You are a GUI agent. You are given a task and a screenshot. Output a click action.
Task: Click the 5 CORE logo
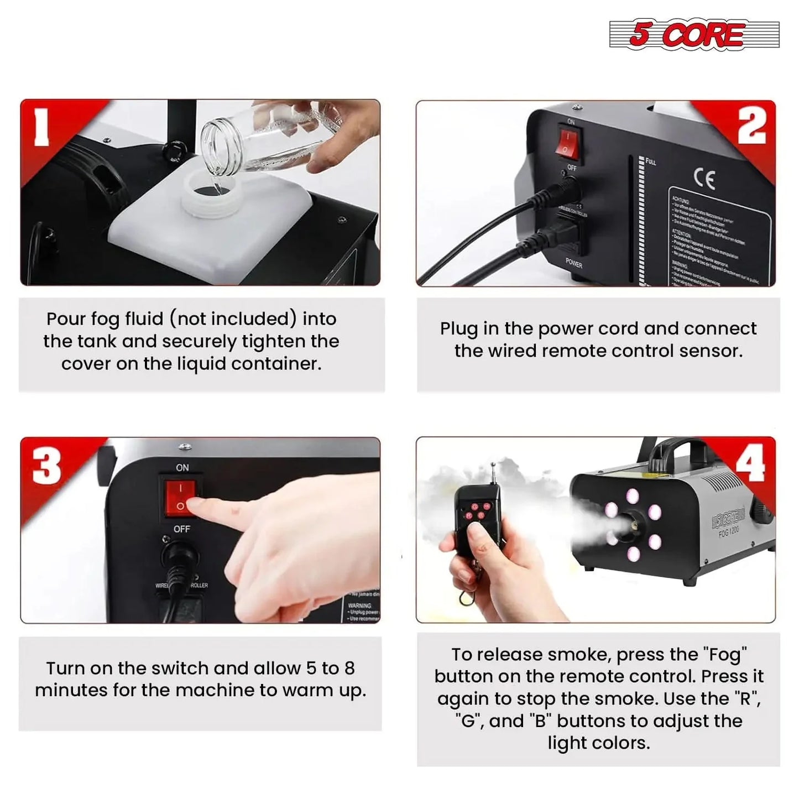[693, 35]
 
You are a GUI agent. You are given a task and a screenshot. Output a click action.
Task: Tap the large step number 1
[41, 127]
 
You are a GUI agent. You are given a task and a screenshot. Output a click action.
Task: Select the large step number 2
[752, 126]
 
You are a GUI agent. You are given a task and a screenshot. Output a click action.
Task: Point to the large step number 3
[46, 466]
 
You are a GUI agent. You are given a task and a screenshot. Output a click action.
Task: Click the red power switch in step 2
[567, 142]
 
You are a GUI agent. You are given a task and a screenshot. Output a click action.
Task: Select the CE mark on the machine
[704, 179]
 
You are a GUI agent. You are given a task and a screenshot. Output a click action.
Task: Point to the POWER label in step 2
[573, 264]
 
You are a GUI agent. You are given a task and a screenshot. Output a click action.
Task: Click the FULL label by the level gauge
[650, 161]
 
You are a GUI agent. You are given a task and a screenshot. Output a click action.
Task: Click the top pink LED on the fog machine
[633, 496]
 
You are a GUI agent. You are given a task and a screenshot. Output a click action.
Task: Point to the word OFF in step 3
[181, 529]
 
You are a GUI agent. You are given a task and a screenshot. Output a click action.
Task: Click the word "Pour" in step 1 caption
[66, 319]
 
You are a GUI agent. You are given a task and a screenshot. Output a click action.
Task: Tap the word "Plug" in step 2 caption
[459, 328]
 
